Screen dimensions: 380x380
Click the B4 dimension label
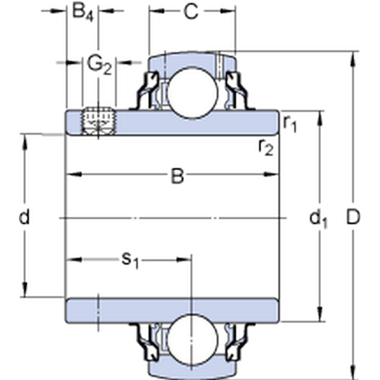click(82, 13)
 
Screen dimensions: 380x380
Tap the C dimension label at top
click(191, 11)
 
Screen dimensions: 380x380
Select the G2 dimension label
click(99, 66)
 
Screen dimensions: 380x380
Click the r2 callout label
click(266, 148)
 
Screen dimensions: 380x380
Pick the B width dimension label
click(177, 176)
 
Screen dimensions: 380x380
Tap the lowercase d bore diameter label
click(24, 217)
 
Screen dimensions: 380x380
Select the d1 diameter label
click(318, 218)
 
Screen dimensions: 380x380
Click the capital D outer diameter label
click(353, 217)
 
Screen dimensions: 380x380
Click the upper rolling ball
click(193, 93)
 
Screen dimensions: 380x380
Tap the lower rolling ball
click(193, 339)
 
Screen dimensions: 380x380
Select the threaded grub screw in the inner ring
click(98, 120)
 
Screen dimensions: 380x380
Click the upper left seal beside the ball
click(148, 91)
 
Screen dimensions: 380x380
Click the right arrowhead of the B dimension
click(271, 174)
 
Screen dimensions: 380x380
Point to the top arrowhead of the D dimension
click(353, 59)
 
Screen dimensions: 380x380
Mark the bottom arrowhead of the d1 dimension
click(320, 314)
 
